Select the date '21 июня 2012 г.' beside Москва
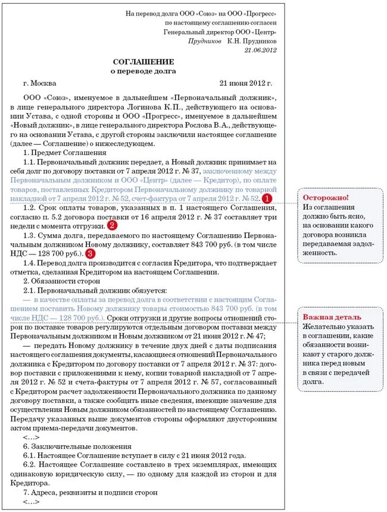[245, 83]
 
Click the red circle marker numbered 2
[112, 225]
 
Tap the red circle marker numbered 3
[90, 253]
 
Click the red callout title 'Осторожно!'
[326, 197]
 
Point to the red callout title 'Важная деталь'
[332, 316]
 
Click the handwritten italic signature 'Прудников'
[205, 41]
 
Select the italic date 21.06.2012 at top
[260, 50]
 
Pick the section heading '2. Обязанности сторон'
[57, 280]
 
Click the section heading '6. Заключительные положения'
[68, 446]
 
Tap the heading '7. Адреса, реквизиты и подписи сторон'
[90, 492]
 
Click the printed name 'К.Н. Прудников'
[252, 41]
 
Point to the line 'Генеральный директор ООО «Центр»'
[220, 32]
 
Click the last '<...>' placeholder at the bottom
[30, 502]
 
